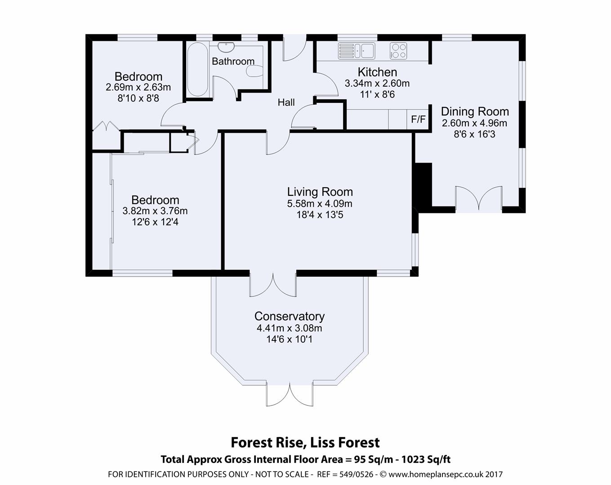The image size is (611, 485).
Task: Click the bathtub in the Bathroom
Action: (x=198, y=70)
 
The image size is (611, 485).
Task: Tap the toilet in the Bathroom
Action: (x=254, y=71)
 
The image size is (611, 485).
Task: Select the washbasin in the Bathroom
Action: (x=226, y=47)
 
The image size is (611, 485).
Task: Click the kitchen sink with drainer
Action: (x=357, y=51)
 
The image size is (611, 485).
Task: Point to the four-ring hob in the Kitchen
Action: (x=398, y=51)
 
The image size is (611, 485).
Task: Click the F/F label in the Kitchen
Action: (x=418, y=119)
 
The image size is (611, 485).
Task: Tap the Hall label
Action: (x=286, y=102)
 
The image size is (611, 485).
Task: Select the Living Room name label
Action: (x=320, y=192)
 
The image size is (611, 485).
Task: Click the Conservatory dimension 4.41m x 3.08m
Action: (x=290, y=328)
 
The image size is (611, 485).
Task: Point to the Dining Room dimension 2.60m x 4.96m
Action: (x=474, y=123)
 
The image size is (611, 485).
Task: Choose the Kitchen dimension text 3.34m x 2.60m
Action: (x=377, y=84)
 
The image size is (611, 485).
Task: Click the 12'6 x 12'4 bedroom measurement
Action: (x=155, y=222)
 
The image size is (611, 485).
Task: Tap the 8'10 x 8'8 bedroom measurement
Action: (x=138, y=98)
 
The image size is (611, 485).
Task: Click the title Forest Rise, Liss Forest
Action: (x=305, y=442)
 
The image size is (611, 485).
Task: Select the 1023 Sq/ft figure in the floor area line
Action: (x=426, y=459)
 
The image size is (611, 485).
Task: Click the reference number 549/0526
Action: (x=357, y=474)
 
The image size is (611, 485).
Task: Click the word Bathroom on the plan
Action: (x=233, y=61)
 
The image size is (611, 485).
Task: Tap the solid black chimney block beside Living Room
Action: (x=423, y=187)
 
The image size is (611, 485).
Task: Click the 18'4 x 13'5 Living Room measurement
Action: (x=320, y=215)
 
